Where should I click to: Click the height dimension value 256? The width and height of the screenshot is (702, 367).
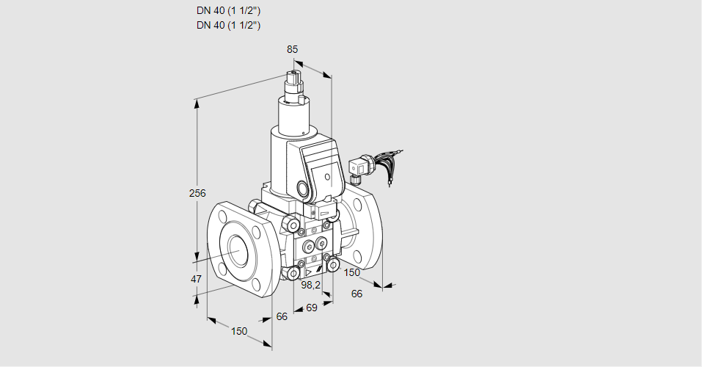click(x=197, y=194)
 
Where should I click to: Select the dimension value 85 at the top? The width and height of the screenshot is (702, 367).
click(x=292, y=49)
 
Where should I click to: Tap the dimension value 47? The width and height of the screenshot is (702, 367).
click(x=196, y=279)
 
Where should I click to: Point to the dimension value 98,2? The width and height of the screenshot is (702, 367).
click(x=311, y=284)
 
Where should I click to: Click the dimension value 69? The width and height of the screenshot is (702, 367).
click(x=311, y=308)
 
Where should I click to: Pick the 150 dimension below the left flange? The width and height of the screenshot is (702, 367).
click(x=239, y=331)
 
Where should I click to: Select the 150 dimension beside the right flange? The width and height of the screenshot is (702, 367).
click(x=352, y=272)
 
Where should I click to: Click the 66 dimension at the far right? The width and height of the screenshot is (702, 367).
click(x=357, y=294)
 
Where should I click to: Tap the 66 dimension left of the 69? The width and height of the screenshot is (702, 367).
click(x=282, y=316)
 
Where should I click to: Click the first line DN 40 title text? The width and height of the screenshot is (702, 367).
click(x=229, y=11)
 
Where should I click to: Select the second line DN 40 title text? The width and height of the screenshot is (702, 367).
click(x=229, y=25)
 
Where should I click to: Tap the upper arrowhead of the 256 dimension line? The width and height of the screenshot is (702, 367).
click(x=197, y=103)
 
